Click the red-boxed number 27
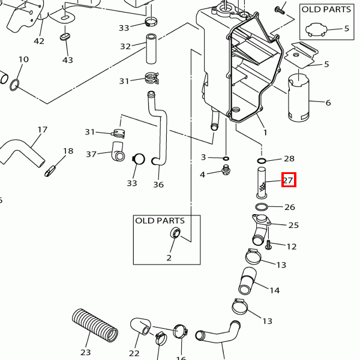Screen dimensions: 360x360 pyautogui.click(x=289, y=179)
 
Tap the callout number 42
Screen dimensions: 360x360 pyautogui.click(x=39, y=41)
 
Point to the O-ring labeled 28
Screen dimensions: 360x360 pyautogui.click(x=262, y=161)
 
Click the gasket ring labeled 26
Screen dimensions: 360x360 pyautogui.click(x=260, y=207)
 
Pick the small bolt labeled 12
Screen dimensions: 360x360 pyautogui.click(x=268, y=245)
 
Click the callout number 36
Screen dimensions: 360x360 pyautogui.click(x=158, y=184)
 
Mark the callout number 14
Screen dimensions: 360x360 pyautogui.click(x=274, y=290)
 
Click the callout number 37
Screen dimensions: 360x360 pyautogui.click(x=91, y=154)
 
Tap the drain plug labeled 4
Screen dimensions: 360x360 pyautogui.click(x=226, y=173)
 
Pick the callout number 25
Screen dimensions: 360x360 pyautogui.click(x=293, y=225)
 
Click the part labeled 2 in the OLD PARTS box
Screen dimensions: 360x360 pyautogui.click(x=177, y=233)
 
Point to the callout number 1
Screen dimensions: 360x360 pyautogui.click(x=265, y=131)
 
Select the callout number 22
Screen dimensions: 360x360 pyautogui.click(x=134, y=353)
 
